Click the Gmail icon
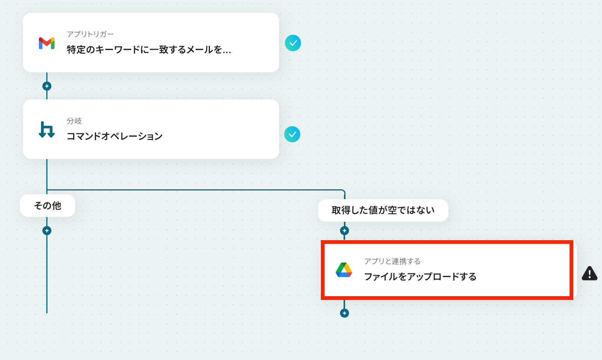point(47,43)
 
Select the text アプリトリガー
point(90,34)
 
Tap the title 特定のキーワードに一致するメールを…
point(149,50)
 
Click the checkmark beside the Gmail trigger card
point(293,43)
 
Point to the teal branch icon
point(47,130)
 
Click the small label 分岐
point(74,121)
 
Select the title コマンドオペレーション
point(114,136)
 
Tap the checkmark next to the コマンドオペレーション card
point(292,134)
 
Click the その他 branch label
point(47,206)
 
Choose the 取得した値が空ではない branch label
point(383,210)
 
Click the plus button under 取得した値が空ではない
point(344,231)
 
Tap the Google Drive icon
point(344,270)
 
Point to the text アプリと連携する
point(392,261)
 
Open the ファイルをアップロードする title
point(420,277)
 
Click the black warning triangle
point(589,273)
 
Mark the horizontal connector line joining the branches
point(194,190)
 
